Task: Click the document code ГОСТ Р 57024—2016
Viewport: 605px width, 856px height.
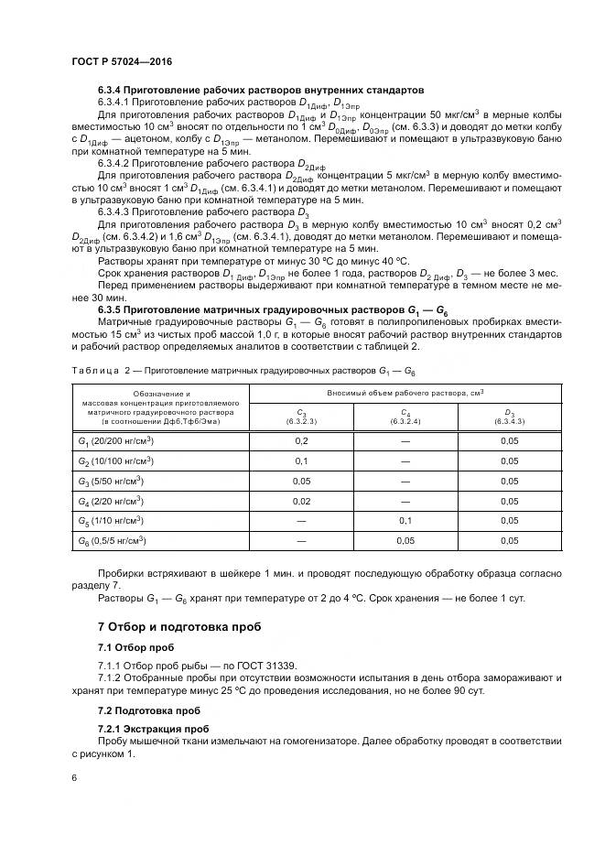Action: (x=122, y=61)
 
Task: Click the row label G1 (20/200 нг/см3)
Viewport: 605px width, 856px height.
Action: (x=114, y=440)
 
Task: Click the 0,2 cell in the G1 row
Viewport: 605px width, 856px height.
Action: (x=301, y=440)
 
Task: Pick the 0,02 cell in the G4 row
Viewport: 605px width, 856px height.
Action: (x=301, y=501)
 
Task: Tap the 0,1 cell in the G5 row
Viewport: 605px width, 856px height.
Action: (x=404, y=521)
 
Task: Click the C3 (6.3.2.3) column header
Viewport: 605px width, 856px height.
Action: (x=301, y=417)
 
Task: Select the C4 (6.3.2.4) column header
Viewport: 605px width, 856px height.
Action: (x=404, y=417)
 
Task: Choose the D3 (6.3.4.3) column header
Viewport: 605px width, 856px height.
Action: (x=509, y=417)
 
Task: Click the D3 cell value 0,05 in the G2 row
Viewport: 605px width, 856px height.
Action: (x=509, y=461)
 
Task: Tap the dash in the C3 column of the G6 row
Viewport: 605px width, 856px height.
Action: (x=301, y=541)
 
